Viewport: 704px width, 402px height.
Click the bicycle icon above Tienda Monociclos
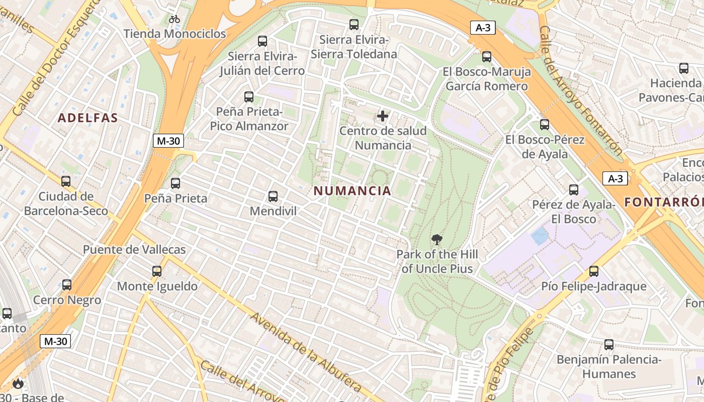(x=174, y=20)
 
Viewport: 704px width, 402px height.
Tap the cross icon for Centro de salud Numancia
(x=383, y=117)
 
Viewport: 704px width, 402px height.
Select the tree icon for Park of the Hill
(x=436, y=240)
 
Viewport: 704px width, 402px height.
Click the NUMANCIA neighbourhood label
(x=352, y=191)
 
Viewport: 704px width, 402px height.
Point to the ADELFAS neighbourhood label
(x=87, y=118)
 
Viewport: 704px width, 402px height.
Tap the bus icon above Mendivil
(x=273, y=196)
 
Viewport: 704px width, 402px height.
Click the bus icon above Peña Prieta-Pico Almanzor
(x=249, y=97)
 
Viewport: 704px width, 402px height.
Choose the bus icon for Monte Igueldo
(x=157, y=271)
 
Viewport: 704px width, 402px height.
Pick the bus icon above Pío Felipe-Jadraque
(x=594, y=271)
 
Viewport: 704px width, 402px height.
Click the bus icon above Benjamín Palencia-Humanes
(x=609, y=345)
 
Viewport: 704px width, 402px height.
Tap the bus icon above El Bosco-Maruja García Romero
(x=486, y=57)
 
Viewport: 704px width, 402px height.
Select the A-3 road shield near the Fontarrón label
(x=615, y=178)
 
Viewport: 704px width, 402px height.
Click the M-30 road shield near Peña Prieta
(x=168, y=141)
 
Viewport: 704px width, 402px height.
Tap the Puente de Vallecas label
(x=134, y=250)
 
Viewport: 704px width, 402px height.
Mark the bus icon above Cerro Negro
(x=67, y=285)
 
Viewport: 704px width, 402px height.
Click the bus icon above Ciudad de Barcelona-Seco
(x=66, y=181)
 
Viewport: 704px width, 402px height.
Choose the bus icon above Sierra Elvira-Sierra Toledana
(x=354, y=25)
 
